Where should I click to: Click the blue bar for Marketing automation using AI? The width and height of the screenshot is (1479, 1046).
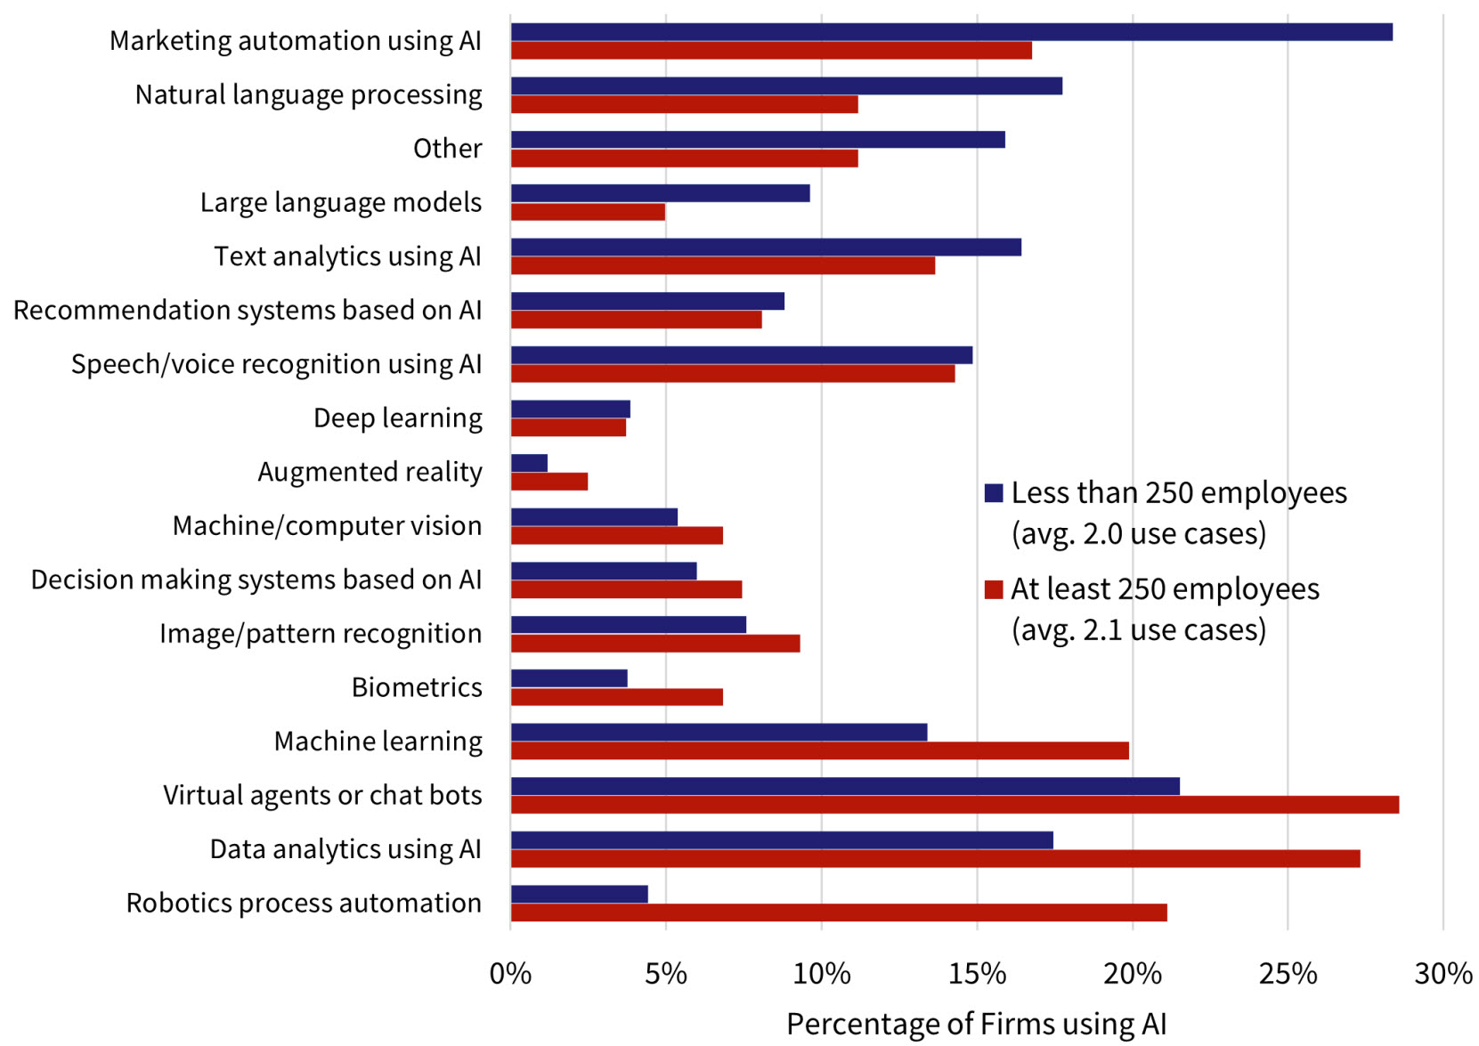coord(951,32)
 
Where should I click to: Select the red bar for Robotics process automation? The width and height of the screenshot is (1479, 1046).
coord(838,912)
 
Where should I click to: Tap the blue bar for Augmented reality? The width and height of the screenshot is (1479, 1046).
coord(529,463)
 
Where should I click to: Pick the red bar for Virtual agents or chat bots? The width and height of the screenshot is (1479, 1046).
coord(955,805)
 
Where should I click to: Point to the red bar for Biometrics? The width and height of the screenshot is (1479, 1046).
coord(616,697)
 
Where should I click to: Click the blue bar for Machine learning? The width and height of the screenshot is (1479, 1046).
coord(719,733)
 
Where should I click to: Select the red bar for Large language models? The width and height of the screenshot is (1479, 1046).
coord(588,212)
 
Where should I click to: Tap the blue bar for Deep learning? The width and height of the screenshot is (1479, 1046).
coord(570,409)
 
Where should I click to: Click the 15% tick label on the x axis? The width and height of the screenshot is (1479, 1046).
coord(977,974)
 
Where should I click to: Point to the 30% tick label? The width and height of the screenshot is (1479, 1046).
coord(1442,974)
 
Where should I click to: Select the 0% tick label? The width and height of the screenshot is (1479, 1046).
coord(510,974)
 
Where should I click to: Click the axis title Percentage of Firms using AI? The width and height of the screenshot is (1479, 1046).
coord(976,1025)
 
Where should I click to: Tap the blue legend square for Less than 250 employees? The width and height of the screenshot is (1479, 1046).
coord(994,493)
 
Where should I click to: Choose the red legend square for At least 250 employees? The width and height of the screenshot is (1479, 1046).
coord(994,589)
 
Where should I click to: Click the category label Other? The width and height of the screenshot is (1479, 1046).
coord(447,149)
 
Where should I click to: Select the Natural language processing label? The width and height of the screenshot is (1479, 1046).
coord(308,94)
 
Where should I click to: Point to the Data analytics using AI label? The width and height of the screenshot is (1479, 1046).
coord(345,849)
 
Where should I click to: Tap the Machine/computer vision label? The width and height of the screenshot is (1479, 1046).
coord(327,526)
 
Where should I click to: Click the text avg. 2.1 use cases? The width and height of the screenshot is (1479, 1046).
coord(1138,630)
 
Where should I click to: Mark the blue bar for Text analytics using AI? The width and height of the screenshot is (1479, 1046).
coord(766,247)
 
